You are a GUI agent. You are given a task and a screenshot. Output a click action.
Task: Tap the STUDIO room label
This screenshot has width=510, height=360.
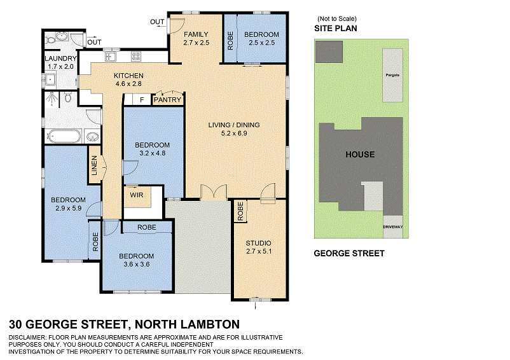tap(259, 243)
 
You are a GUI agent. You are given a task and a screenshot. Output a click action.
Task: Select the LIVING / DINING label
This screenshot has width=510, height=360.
tap(234, 125)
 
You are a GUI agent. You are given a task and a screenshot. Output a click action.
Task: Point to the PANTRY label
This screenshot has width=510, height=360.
tap(168, 100)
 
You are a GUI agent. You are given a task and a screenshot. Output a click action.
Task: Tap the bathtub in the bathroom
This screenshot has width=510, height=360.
tap(63, 136)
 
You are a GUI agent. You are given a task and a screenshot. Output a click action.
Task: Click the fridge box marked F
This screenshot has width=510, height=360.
tap(142, 100)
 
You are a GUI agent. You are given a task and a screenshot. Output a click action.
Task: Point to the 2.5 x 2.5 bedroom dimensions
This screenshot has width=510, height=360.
tap(261, 43)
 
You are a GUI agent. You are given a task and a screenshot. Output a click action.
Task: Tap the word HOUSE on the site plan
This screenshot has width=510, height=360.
tap(360, 155)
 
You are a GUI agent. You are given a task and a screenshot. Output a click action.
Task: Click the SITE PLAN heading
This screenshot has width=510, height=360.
tap(336, 29)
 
